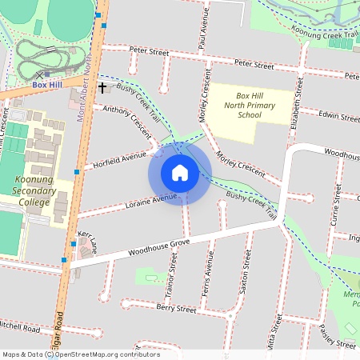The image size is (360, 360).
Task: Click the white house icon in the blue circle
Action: pos(180,173)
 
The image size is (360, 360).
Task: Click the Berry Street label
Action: pos(176,309)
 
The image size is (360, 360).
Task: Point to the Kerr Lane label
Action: pos(86,245)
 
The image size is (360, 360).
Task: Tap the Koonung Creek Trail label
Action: pos(323,34)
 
